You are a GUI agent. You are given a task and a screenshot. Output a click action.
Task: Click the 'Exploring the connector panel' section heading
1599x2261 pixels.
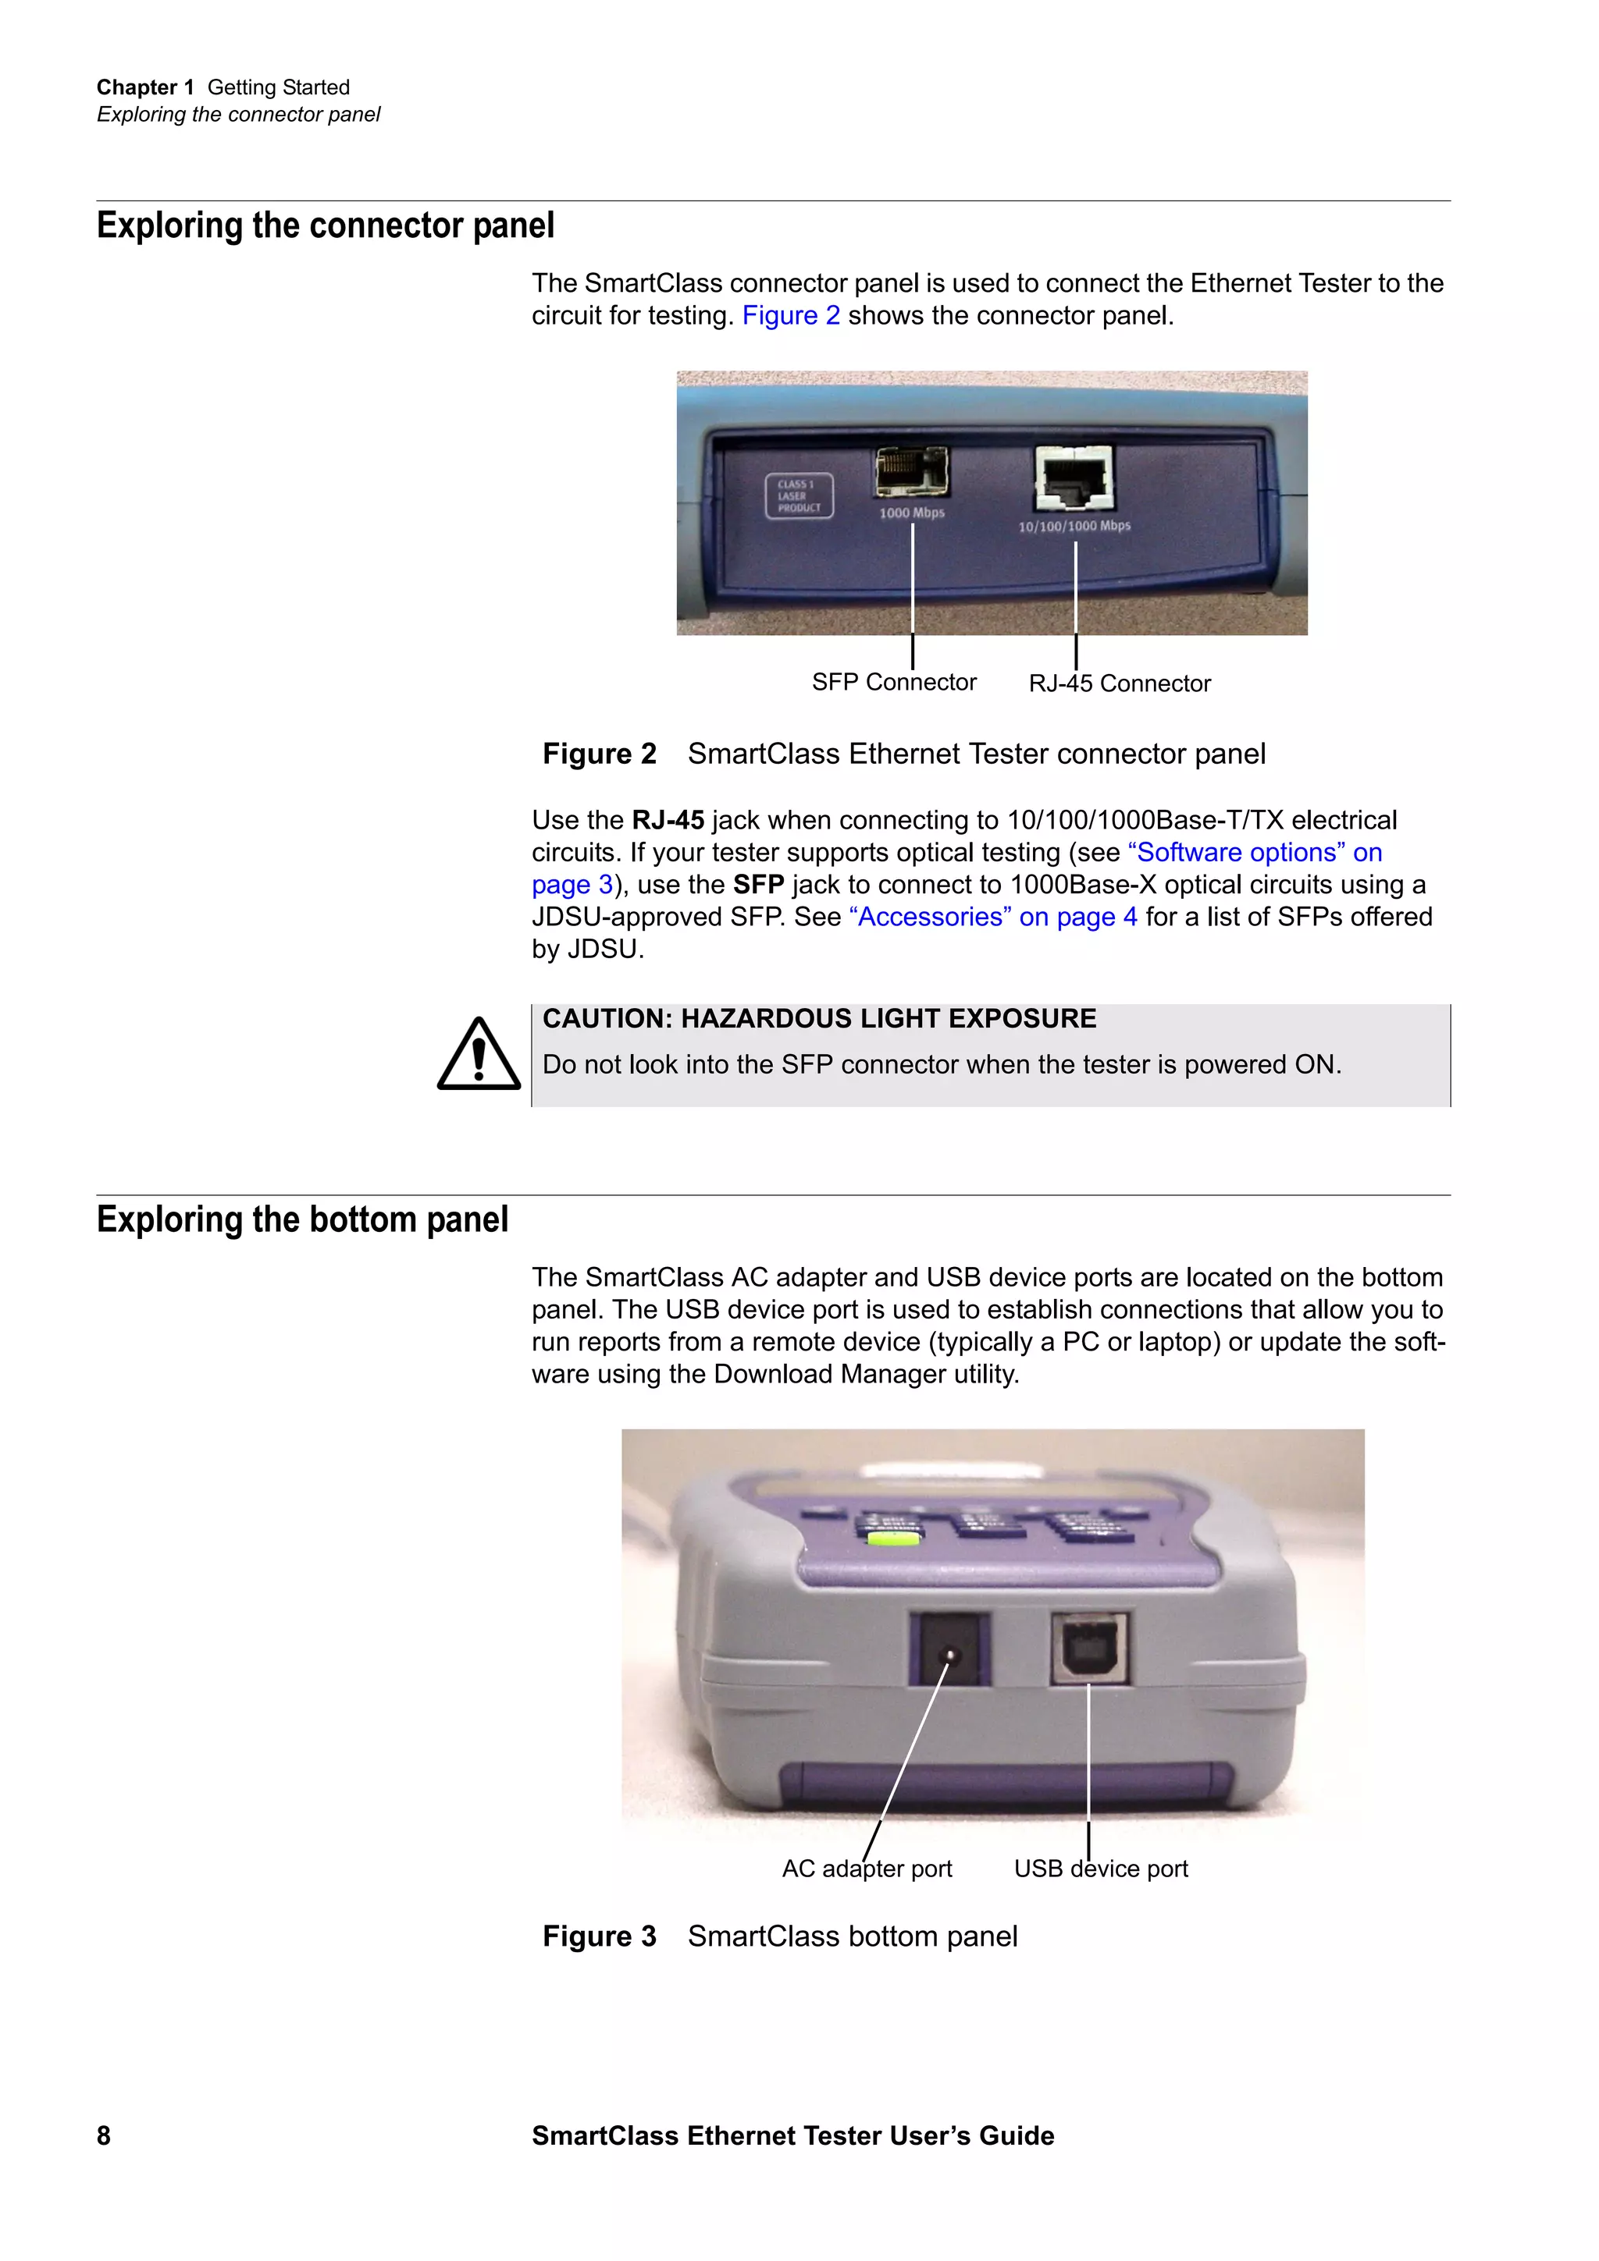click(x=325, y=225)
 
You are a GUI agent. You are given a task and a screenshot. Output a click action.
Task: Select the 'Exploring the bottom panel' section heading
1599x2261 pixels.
click(x=301, y=1219)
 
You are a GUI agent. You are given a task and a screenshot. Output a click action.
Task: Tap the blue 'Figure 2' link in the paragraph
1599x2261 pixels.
click(x=790, y=315)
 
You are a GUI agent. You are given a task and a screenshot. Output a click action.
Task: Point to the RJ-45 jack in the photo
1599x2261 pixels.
click(x=1074, y=477)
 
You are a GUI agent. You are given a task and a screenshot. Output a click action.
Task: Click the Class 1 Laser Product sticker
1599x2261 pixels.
click(x=799, y=495)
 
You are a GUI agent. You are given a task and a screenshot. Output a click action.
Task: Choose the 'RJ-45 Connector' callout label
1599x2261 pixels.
click(x=1119, y=683)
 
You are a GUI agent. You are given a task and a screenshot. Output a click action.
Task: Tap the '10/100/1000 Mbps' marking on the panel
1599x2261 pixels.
click(x=1074, y=526)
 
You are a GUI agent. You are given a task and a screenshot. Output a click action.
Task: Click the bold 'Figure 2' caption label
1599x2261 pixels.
click(x=599, y=754)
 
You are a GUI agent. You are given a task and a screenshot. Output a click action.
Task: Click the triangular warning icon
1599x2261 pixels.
click(x=479, y=1056)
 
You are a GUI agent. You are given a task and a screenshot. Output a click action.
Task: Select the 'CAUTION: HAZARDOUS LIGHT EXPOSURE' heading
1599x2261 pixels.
click(x=819, y=1018)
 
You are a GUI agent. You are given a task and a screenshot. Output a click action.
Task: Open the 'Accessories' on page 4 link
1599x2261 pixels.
click(x=993, y=917)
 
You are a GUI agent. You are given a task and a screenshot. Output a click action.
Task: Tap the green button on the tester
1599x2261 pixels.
click(x=892, y=1536)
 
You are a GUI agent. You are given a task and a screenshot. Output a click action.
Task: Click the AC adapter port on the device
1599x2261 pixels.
click(x=949, y=1649)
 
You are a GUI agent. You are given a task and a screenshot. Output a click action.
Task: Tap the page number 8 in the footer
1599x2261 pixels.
click(x=103, y=2135)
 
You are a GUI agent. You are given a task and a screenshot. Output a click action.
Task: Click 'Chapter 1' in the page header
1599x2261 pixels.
click(x=144, y=87)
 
